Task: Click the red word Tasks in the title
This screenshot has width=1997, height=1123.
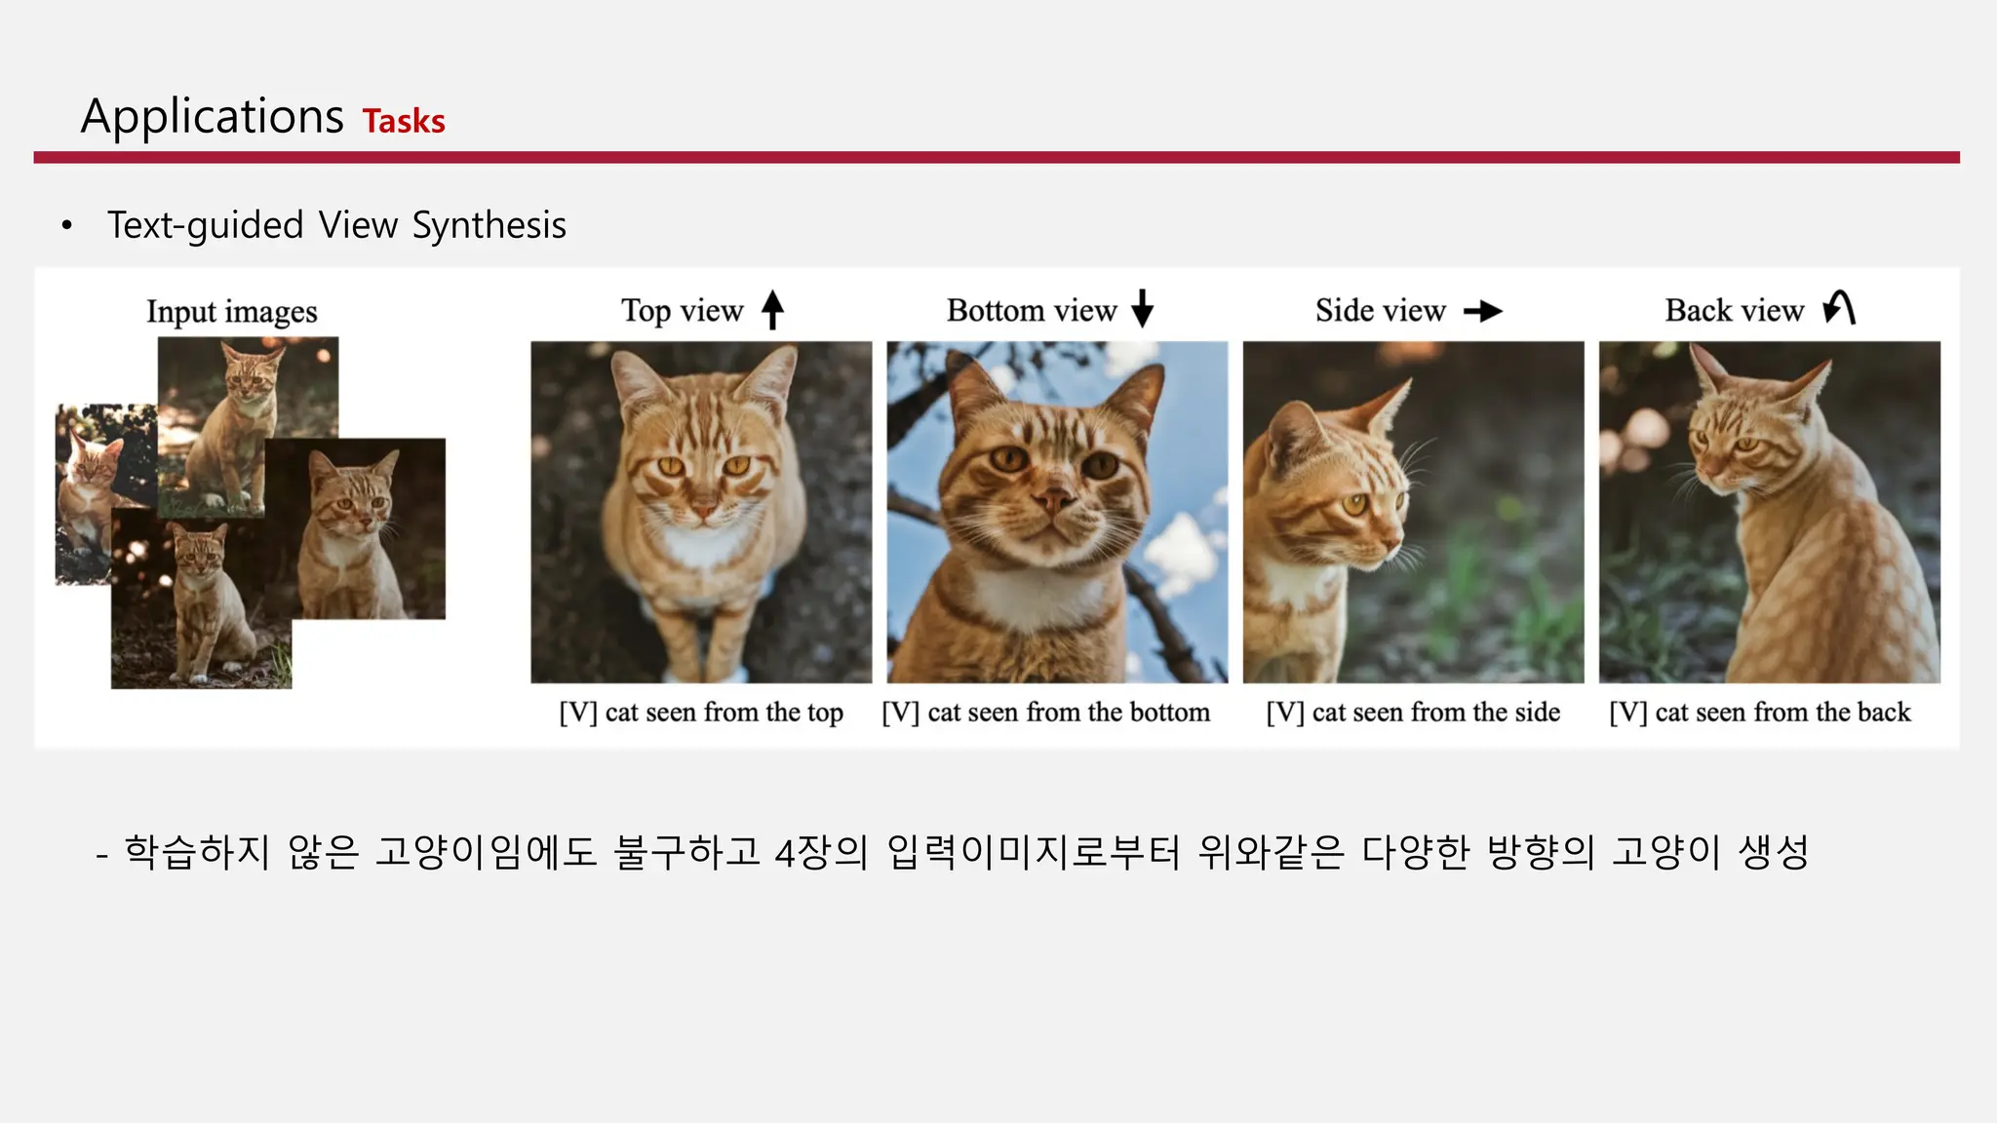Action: point(404,121)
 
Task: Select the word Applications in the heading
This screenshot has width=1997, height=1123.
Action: point(213,117)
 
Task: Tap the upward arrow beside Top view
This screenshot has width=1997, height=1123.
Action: point(772,309)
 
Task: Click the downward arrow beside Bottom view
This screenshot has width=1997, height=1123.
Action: point(1143,308)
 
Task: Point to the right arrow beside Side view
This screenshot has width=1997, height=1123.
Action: point(1483,311)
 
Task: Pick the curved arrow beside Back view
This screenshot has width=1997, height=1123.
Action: point(1839,308)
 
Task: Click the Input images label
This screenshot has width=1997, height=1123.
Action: point(232,312)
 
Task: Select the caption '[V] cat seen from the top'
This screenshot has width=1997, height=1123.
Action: point(701,713)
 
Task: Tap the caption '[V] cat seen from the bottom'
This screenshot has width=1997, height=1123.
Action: point(1046,713)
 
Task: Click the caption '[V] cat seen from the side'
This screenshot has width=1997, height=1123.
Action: point(1413,713)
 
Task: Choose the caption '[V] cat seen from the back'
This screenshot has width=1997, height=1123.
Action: point(1760,713)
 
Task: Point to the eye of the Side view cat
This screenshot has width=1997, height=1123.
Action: point(1355,504)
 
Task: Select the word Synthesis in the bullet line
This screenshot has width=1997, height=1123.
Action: point(489,225)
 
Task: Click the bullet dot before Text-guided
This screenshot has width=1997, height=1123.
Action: point(66,226)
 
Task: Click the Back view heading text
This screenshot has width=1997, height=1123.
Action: point(1734,310)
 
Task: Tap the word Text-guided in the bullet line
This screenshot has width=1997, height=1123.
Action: point(206,225)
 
